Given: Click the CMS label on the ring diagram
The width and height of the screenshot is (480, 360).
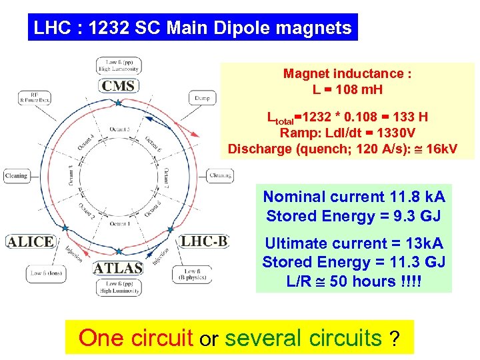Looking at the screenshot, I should click(x=118, y=85).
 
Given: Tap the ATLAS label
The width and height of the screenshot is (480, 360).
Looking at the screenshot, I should click(x=118, y=267).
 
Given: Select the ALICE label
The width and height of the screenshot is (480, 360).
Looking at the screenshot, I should click(x=30, y=241).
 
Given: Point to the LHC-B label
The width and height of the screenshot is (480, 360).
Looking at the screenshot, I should click(x=205, y=241).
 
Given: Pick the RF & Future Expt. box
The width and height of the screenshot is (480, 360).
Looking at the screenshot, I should click(x=35, y=98).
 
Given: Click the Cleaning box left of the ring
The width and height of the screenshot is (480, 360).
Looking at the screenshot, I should click(x=16, y=176).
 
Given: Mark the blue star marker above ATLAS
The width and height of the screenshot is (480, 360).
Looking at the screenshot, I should click(x=119, y=252).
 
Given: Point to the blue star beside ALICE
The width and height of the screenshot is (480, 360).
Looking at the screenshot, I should click(x=65, y=228).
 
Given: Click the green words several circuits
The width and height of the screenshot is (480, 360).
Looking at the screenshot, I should click(x=303, y=338).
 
